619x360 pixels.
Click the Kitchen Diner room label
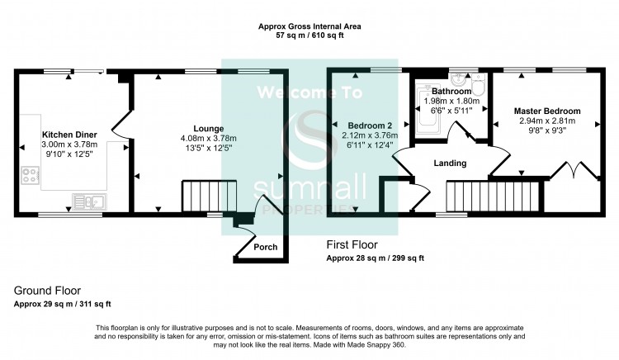click(69, 135)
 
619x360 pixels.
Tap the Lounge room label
click(209, 128)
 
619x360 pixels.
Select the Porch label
click(265, 247)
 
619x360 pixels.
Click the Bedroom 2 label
click(370, 126)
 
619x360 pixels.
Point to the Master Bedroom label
click(547, 111)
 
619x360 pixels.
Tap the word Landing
click(450, 163)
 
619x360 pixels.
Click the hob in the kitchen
click(30, 175)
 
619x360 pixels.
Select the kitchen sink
click(90, 201)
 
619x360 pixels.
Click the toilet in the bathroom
click(478, 84)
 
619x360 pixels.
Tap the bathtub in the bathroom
click(428, 108)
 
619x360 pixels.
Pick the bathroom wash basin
click(458, 78)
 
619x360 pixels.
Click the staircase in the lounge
click(210, 196)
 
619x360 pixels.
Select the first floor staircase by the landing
click(493, 197)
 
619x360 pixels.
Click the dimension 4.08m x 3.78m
click(209, 138)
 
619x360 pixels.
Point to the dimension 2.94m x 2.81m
click(547, 121)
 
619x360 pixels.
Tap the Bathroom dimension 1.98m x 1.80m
click(451, 101)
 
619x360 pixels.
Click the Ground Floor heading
click(47, 291)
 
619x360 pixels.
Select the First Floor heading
click(352, 244)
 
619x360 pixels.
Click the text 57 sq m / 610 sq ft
click(309, 36)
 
